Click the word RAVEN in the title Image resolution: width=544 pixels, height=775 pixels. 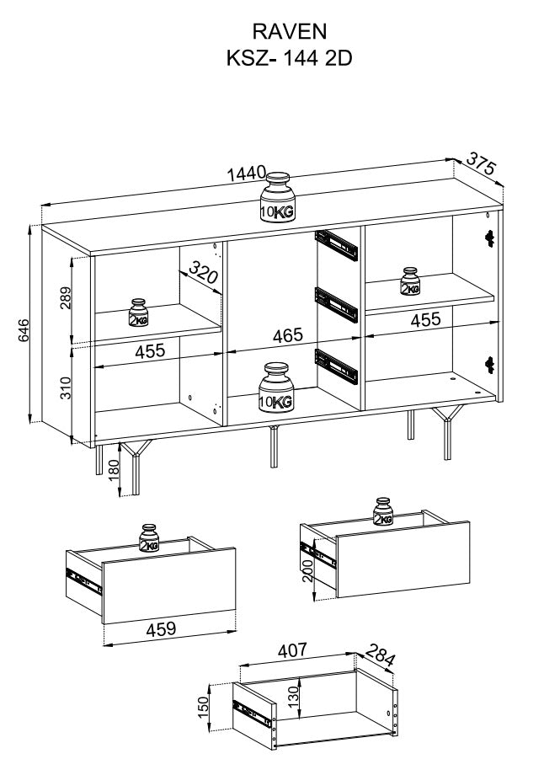290,32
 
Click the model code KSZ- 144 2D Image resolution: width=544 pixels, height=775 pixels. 289,58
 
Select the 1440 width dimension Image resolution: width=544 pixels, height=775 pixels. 247,174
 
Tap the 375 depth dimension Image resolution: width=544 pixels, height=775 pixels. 481,163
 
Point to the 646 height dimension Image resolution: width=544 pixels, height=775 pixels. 24,331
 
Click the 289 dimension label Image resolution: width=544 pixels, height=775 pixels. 65,297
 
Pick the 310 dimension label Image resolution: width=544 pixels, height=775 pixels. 65,388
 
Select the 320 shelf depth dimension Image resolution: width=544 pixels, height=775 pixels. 203,272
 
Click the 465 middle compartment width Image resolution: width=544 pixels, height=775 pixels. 287,335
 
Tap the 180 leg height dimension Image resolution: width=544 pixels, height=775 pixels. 114,471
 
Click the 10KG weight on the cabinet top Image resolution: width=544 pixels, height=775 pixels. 277,197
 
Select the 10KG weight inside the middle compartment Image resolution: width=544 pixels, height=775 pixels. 275,387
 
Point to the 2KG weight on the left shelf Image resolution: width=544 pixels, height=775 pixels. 138,313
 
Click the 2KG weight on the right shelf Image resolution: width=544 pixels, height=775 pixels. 410,281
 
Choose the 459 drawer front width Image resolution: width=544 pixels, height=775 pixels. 161,628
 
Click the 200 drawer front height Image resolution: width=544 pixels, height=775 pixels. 308,571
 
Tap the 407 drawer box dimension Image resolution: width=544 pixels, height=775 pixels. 292,650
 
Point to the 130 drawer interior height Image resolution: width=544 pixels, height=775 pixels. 294,697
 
